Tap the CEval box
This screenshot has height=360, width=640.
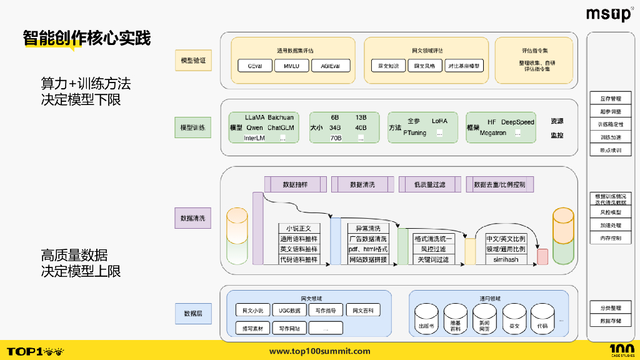pos(254,66)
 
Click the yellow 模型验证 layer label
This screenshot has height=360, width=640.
pos(193,61)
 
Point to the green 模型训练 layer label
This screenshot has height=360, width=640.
pos(193,127)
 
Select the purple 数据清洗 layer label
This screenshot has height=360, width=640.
pos(193,219)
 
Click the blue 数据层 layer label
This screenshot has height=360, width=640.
pos(193,313)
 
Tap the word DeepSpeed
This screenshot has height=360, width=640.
pos(517,122)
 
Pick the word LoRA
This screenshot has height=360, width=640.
pos(440,121)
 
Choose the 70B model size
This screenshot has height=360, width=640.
pos(336,138)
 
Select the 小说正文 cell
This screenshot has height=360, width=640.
pos(299,229)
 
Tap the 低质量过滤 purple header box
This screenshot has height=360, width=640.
pos(429,184)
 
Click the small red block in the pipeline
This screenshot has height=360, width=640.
pos(542,256)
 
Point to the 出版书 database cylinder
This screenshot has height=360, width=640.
pos(427,317)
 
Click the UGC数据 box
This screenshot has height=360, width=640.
pos(289,311)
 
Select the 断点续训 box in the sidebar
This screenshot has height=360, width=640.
pos(610,151)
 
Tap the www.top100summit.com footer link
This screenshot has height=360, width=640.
pos(319,351)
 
